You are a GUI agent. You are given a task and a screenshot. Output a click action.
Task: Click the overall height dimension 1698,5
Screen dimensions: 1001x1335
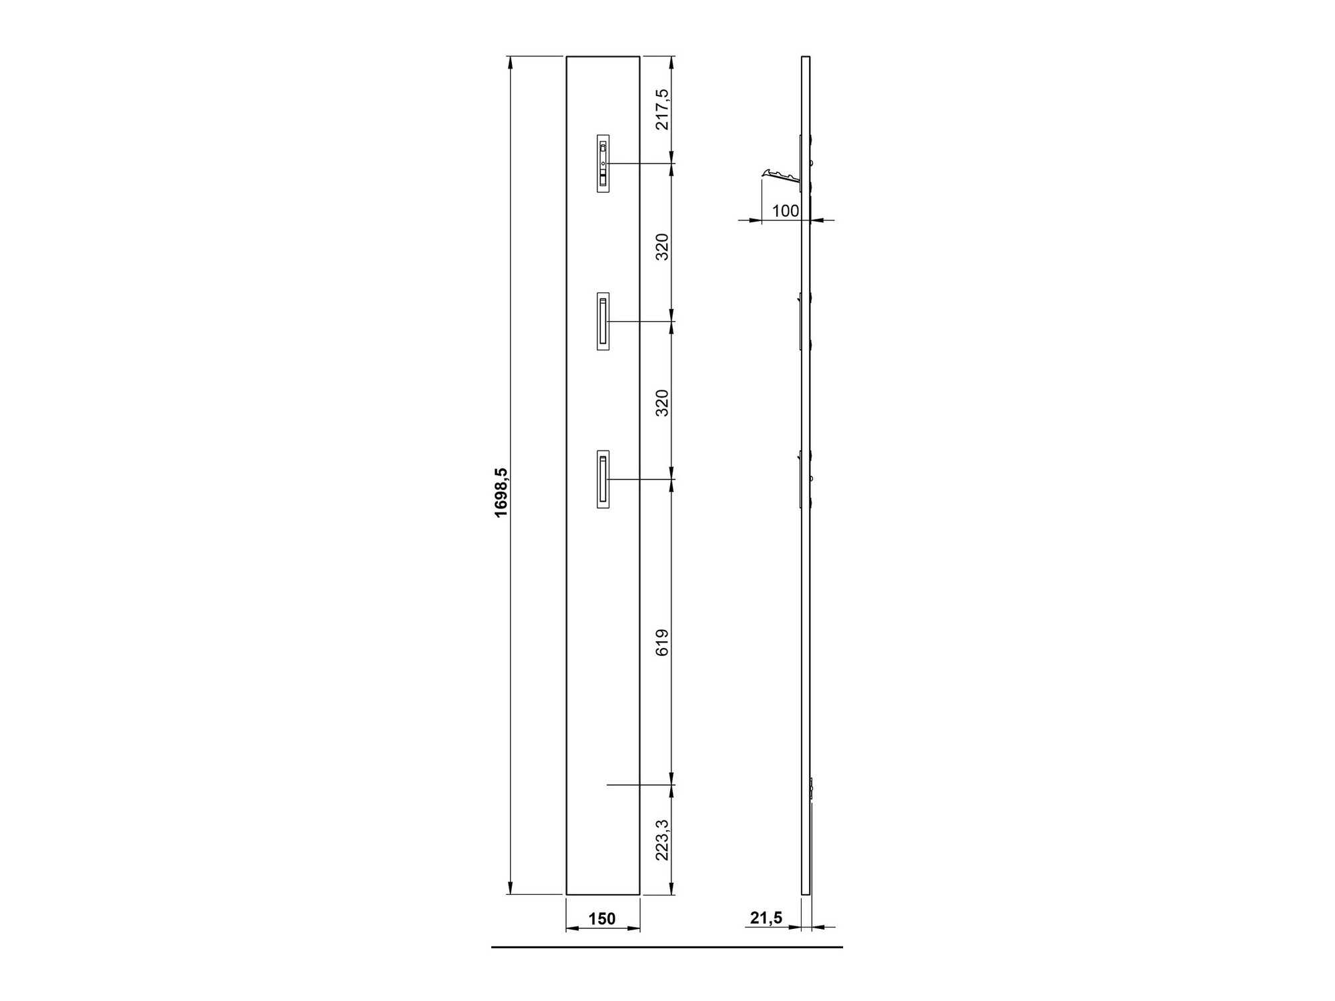pos(501,492)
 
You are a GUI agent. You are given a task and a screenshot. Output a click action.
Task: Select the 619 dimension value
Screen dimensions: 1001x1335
pos(661,642)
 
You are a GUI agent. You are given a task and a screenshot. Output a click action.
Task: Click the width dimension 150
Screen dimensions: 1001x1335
pos(602,919)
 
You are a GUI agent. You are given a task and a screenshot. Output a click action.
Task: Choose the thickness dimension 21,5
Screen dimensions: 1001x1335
pos(766,918)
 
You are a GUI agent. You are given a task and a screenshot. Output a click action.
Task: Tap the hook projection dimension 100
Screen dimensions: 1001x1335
pos(786,211)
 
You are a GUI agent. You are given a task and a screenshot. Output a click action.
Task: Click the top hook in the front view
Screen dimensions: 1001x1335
pos(603,163)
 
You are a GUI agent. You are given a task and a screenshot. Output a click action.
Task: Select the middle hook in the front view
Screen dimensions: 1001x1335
pos(603,321)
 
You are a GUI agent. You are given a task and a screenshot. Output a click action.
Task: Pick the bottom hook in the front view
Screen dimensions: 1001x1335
pos(603,479)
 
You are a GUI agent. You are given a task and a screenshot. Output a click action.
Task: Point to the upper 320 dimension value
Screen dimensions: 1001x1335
pos(661,246)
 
